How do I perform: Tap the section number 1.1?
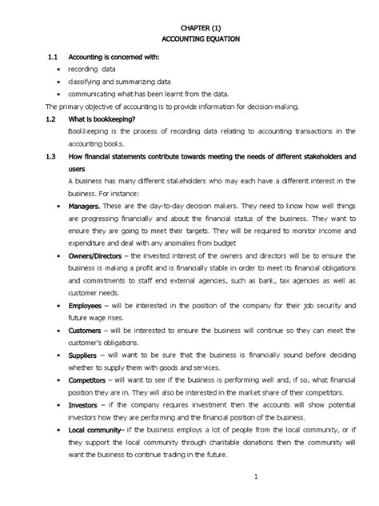pos(54,58)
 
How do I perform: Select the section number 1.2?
pos(54,118)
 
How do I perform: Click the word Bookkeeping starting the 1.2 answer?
pos(87,129)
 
